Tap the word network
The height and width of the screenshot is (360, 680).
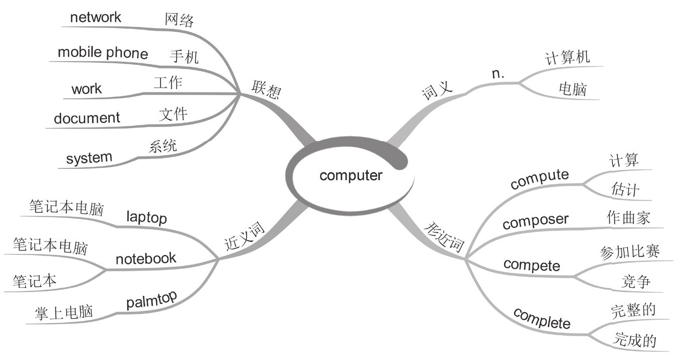(95, 17)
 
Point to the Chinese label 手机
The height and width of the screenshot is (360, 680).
(184, 56)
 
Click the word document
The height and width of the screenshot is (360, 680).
(87, 118)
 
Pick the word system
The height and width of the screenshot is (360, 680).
(89, 158)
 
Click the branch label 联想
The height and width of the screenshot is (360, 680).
(266, 90)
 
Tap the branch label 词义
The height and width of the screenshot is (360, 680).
(437, 91)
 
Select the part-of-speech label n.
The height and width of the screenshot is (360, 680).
(498, 74)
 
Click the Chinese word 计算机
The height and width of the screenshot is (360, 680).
(567, 57)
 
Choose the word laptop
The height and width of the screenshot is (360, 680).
(146, 218)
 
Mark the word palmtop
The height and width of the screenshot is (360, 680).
(151, 300)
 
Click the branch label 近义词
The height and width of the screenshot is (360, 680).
(244, 237)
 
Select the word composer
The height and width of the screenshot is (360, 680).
(535, 221)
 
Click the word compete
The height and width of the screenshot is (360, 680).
(532, 264)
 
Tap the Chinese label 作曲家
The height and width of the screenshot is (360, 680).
(629, 218)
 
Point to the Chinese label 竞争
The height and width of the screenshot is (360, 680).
(636, 282)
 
